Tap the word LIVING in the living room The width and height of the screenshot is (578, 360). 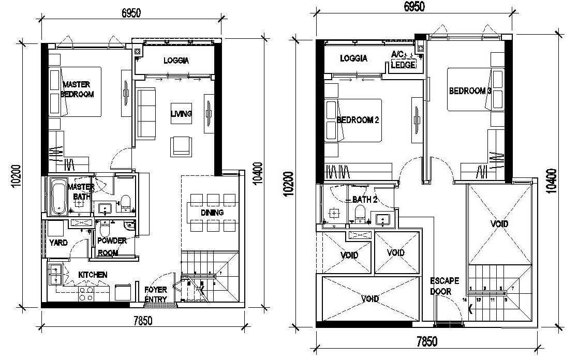(181, 114)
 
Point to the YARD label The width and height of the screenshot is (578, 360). (58, 242)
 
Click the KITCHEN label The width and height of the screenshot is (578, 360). (93, 275)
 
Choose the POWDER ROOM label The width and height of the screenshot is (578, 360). (112, 247)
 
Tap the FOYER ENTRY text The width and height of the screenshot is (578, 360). (155, 294)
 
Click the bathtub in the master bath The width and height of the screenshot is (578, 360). (58, 197)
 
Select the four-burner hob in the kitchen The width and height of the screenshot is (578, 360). (85, 294)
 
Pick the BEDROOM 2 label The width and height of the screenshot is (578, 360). (358, 120)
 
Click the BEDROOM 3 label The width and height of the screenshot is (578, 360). (470, 91)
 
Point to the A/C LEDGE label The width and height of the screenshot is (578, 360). (403, 60)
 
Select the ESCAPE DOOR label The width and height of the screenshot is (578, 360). (444, 286)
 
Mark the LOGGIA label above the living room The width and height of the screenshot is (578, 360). (176, 61)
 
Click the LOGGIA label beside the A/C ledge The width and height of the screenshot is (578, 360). (353, 58)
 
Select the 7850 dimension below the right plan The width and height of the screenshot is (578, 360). (427, 341)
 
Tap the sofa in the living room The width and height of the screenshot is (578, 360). (146, 113)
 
